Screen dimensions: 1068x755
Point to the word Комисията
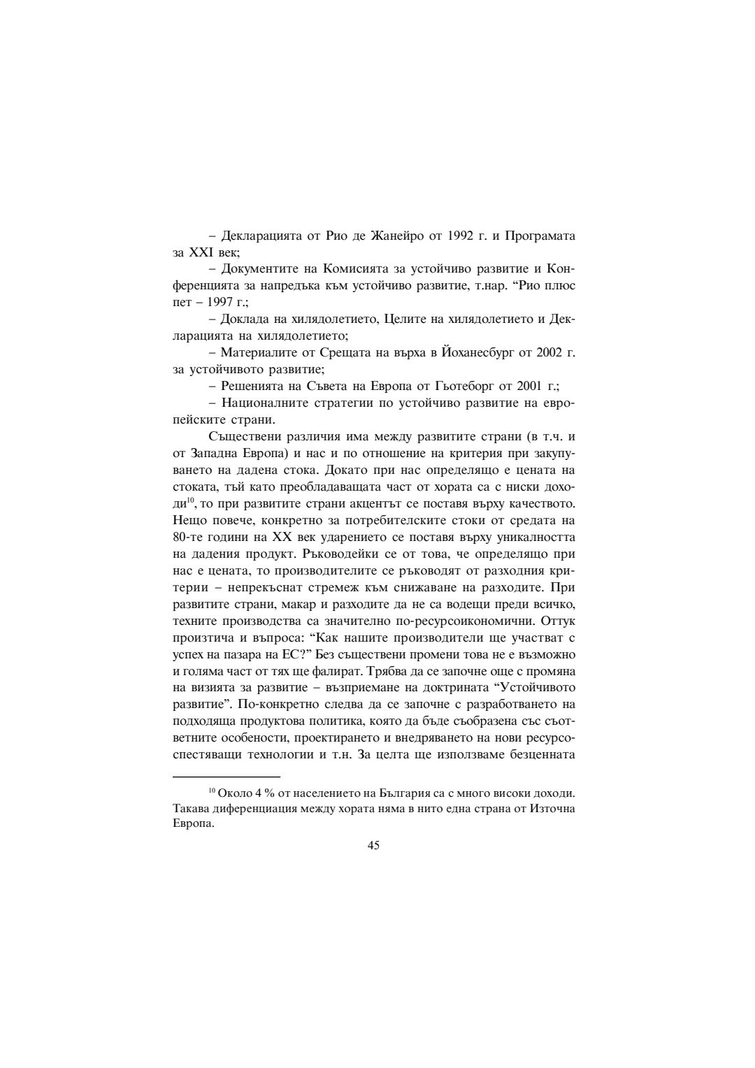343,269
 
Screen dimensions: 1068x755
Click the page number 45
373,845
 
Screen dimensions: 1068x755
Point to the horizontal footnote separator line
226,776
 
